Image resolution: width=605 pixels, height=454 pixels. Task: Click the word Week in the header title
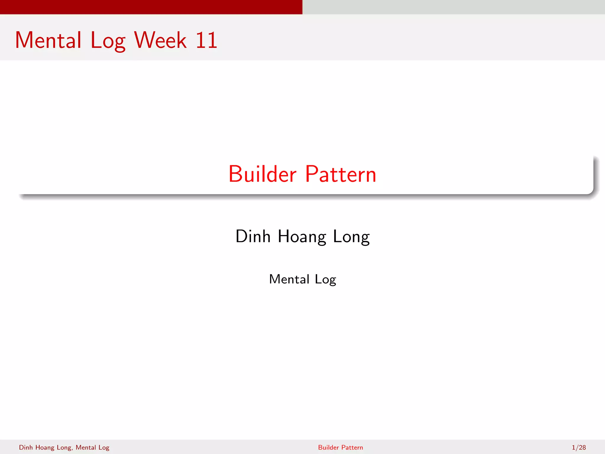[160, 40]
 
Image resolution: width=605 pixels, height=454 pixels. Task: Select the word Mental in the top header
[48, 40]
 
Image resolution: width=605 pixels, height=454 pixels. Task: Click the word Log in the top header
[108, 41]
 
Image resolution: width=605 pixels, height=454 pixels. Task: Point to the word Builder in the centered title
[262, 174]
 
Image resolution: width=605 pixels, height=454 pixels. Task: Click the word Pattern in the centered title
[341, 174]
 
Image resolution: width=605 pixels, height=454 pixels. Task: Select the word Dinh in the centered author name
[253, 236]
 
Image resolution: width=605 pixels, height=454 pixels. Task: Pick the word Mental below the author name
[289, 279]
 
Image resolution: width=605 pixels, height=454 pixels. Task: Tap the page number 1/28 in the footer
[579, 447]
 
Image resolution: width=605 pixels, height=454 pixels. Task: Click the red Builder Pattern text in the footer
[340, 447]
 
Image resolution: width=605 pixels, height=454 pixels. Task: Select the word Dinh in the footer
[26, 447]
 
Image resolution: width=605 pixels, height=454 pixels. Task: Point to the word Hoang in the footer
[45, 447]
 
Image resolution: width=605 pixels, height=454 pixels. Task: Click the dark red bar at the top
[151, 7]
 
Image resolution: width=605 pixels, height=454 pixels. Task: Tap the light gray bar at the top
[454, 7]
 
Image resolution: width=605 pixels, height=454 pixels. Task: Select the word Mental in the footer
[86, 447]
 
